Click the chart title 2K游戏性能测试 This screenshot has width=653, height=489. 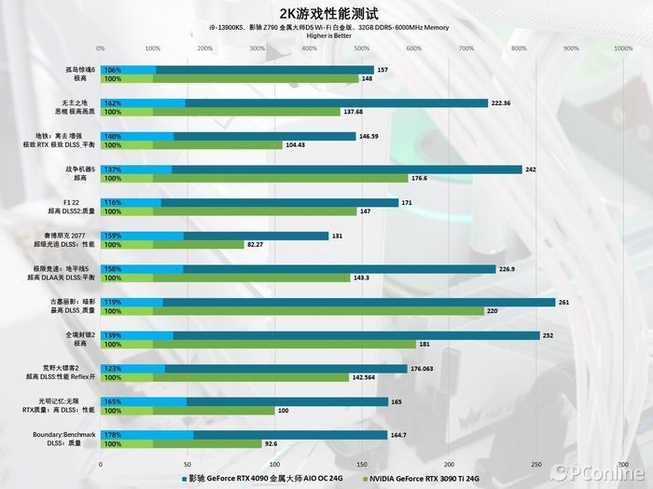(x=326, y=13)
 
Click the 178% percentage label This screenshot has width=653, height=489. (x=113, y=435)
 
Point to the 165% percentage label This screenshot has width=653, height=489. (x=113, y=401)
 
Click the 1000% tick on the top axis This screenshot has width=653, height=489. (x=623, y=48)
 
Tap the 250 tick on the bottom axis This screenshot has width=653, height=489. (x=536, y=463)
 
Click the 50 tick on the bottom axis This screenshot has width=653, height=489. (x=188, y=463)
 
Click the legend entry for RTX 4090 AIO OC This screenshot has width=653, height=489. (x=261, y=479)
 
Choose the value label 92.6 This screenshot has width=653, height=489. (x=272, y=444)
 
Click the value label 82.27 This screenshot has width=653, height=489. (x=255, y=244)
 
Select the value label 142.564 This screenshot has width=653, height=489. (x=363, y=377)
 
